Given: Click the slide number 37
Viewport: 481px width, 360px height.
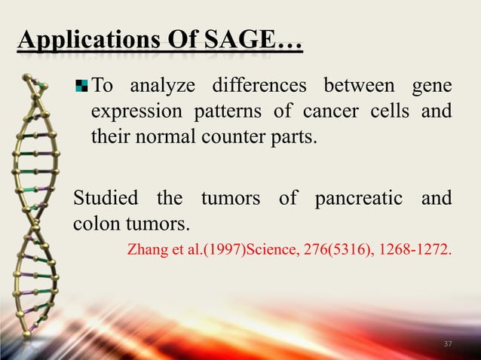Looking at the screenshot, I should pos(448,344).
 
